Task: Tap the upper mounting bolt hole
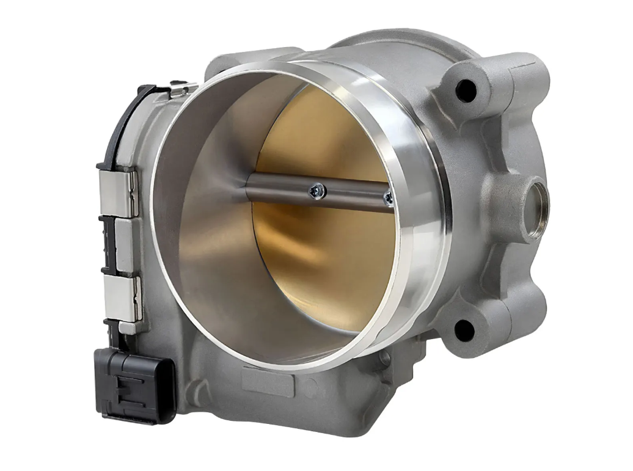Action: (x=466, y=91)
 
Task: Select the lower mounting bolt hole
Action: (x=464, y=330)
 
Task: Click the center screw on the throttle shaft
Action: (x=317, y=191)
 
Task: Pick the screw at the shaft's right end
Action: (x=387, y=198)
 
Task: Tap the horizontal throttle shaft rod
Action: (x=287, y=189)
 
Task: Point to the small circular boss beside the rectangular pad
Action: (x=309, y=386)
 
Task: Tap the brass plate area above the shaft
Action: (x=330, y=134)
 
